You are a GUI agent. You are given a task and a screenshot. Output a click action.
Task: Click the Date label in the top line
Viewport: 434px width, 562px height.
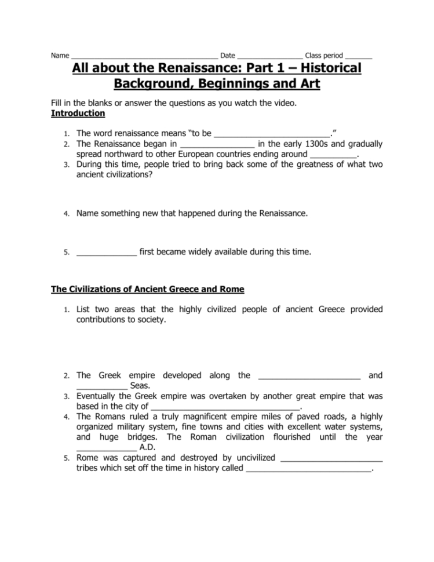pos(228,56)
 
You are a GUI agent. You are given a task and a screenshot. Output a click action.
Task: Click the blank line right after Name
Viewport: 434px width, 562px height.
pos(144,57)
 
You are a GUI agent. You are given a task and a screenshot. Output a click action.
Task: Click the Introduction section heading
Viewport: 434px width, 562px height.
pos(78,113)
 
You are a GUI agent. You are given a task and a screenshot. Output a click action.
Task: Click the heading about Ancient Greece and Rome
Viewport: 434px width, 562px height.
pos(148,289)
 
